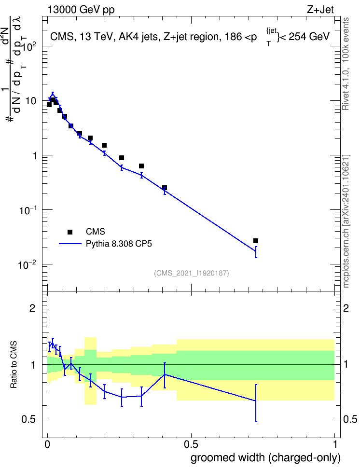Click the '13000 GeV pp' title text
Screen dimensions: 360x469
tap(81, 10)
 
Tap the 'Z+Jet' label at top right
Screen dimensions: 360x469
tap(320, 10)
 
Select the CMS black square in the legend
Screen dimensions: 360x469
tap(70, 232)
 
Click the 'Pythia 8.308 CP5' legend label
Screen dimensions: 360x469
tap(119, 244)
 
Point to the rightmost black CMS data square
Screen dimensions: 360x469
tap(256, 241)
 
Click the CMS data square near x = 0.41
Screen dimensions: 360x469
tap(164, 188)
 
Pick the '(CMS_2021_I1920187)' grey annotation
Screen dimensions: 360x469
tap(192, 273)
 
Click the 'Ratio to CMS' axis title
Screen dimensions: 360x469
tap(14, 365)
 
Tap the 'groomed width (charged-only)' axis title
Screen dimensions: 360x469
tap(265, 457)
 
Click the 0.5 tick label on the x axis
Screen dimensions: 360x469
tap(191, 444)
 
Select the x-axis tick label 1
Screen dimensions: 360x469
tap(335, 444)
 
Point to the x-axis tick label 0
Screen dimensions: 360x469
tap(47, 444)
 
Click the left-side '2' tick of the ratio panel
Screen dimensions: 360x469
tap(32, 308)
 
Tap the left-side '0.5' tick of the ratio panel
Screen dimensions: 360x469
tap(28, 420)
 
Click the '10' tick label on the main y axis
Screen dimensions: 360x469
tap(31, 101)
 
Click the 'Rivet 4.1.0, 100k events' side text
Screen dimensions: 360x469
tap(346, 64)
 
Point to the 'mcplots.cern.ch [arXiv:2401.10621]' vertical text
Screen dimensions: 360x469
tap(346, 221)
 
